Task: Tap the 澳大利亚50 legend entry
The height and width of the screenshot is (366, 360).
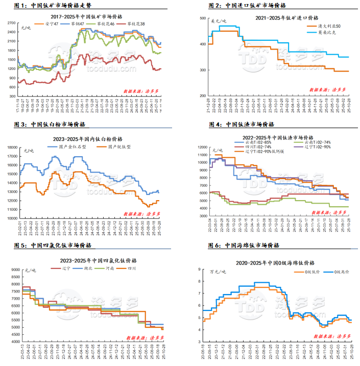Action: tap(323, 26)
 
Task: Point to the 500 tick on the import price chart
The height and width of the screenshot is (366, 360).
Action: tap(203, 18)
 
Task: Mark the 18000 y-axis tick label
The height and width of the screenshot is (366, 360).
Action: tap(13, 147)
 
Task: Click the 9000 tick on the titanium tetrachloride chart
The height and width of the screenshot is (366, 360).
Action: tap(14, 270)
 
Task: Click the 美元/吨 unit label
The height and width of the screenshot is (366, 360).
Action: tap(219, 21)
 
